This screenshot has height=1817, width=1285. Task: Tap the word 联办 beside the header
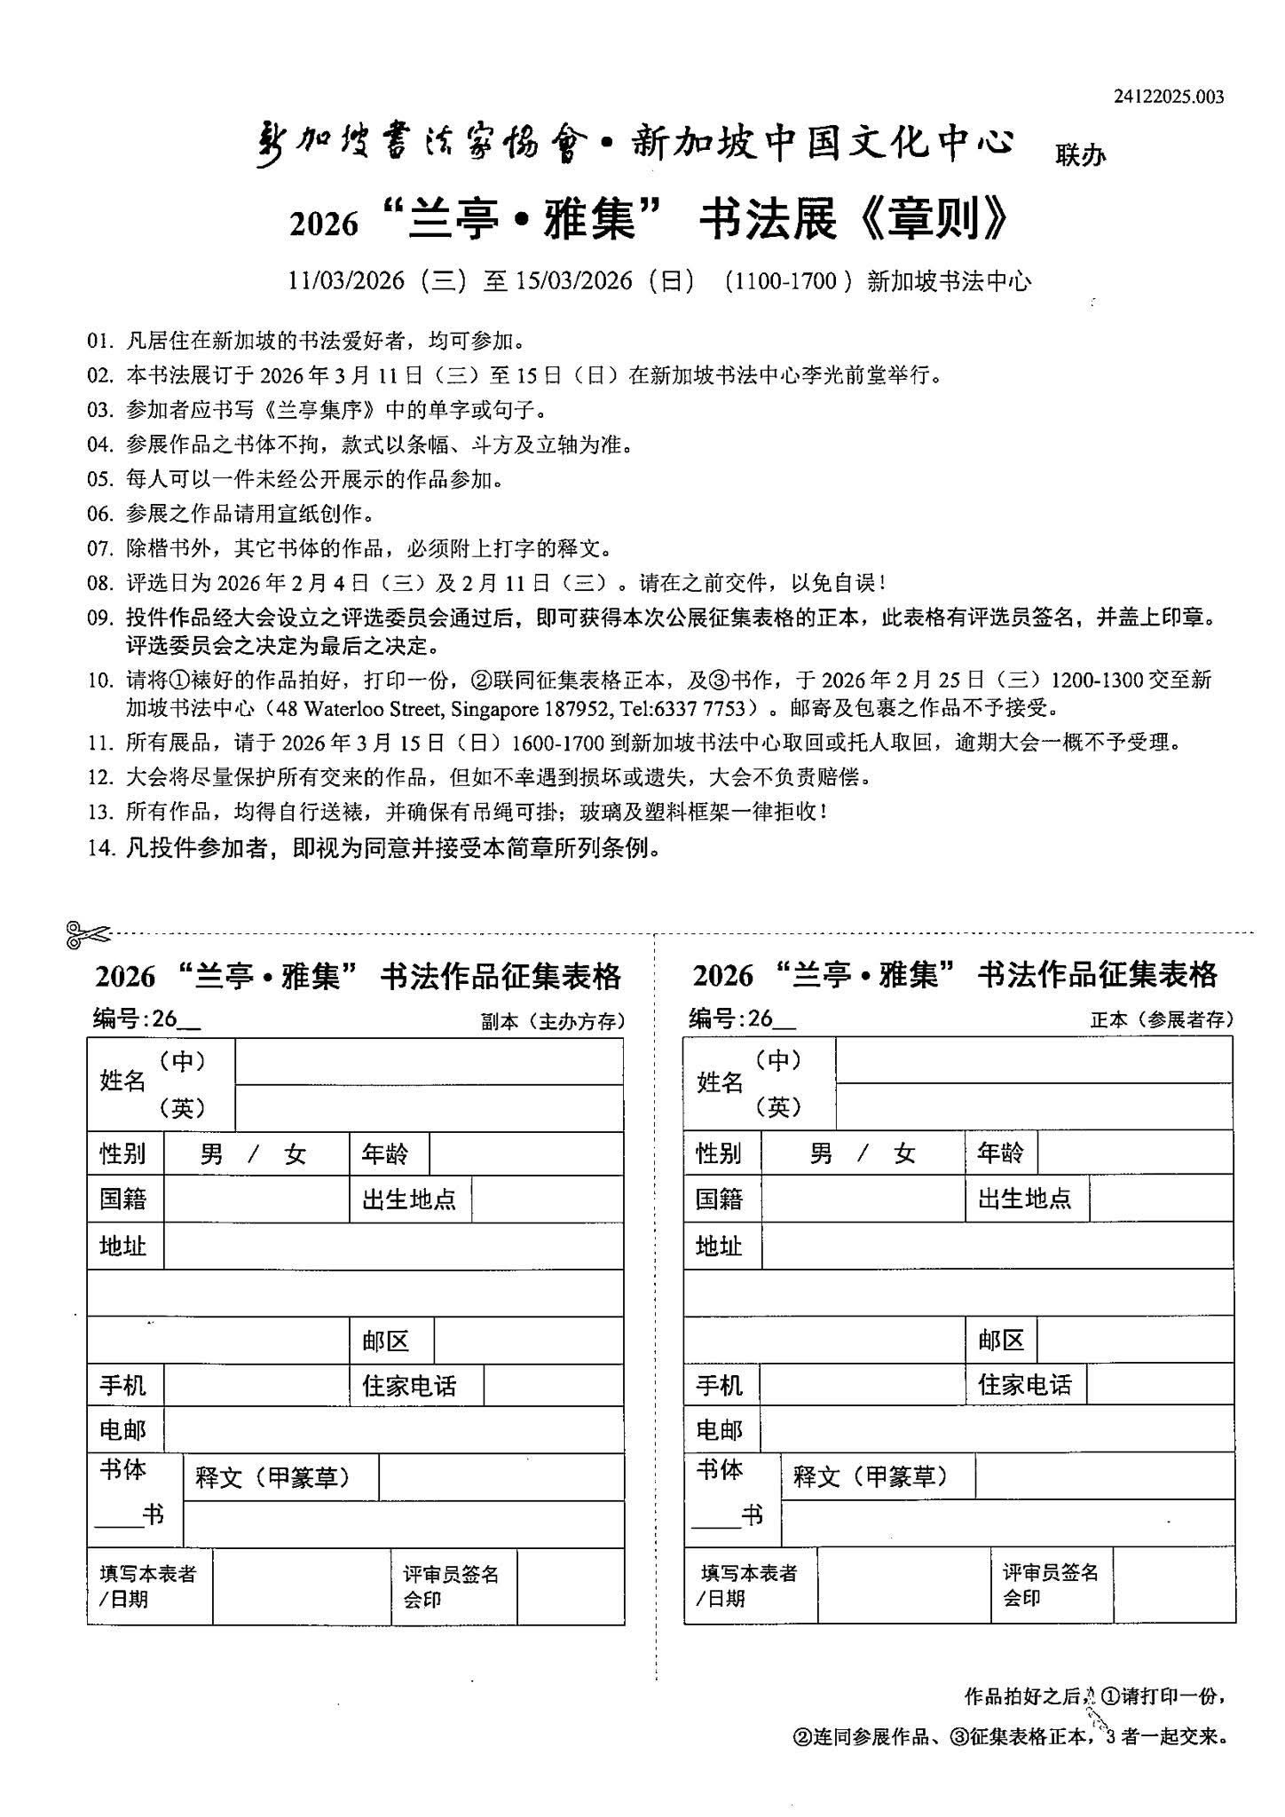[1080, 155]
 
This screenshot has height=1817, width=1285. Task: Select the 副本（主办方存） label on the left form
[553, 1021]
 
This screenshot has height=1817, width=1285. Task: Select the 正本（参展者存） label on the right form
[1162, 1020]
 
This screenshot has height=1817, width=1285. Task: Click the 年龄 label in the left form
[385, 1154]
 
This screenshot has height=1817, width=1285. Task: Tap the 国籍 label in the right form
[719, 1200]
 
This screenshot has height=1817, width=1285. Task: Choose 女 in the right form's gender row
[904, 1154]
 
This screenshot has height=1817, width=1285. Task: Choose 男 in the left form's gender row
[211, 1154]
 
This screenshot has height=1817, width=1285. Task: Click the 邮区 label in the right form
[1001, 1340]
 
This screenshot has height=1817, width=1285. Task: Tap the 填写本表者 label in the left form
[147, 1574]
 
